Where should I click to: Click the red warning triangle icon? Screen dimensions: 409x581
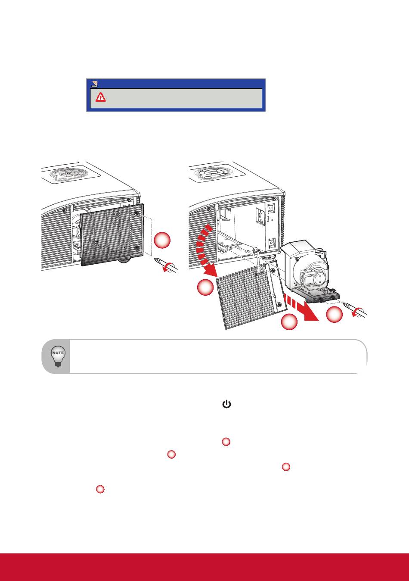[100, 97]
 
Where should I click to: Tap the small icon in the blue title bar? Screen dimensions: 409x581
[95, 84]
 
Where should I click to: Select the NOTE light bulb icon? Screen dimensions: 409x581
[58, 356]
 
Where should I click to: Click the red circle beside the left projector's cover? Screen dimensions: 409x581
[162, 240]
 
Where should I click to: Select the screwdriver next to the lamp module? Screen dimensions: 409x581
[355, 310]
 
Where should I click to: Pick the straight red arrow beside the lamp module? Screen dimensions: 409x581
[301, 308]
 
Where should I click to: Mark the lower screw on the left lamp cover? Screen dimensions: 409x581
[137, 248]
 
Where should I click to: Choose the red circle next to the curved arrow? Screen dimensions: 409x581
[205, 287]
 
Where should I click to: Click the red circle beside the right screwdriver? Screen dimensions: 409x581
[334, 314]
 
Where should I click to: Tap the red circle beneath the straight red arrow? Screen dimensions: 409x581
[289, 322]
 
